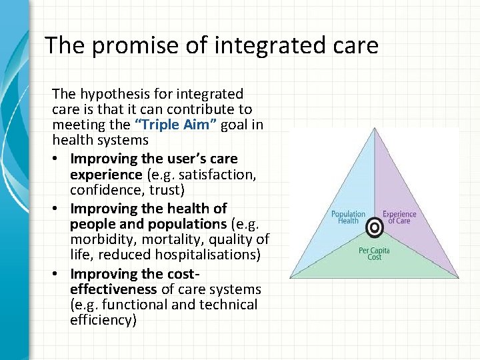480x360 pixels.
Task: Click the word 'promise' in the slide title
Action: [124, 46]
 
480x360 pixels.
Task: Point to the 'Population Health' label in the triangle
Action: [348, 217]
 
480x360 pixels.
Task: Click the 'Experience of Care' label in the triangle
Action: [399, 217]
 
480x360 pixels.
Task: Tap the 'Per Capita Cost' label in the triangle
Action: [374, 253]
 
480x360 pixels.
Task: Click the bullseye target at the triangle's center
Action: [375, 229]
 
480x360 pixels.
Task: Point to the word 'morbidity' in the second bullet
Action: [99, 239]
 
